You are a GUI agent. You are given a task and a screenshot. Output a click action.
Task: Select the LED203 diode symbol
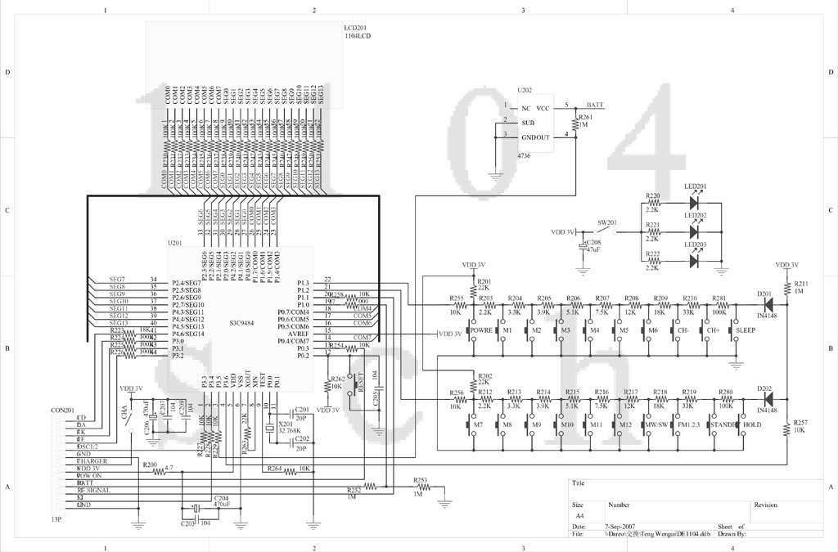(695, 261)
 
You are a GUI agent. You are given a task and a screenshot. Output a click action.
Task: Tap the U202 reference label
(525, 90)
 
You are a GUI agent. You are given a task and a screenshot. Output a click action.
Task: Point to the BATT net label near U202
(596, 105)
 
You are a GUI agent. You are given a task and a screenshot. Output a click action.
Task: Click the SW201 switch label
(606, 222)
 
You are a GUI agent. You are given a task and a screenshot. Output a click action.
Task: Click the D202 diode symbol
(768, 399)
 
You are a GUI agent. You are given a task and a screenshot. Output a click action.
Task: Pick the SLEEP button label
(746, 330)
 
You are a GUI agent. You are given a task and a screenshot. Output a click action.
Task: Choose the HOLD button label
(751, 425)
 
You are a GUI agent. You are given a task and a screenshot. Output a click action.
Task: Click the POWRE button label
(482, 330)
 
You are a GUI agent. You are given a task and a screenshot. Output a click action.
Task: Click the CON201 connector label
(62, 411)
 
